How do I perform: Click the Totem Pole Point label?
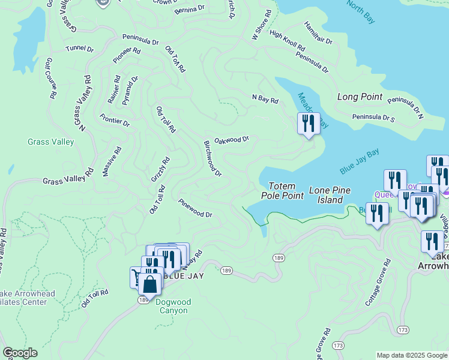(x=282, y=191)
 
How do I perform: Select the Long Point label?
(x=360, y=97)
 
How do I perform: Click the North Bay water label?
(x=360, y=13)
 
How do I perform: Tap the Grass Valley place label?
(x=50, y=142)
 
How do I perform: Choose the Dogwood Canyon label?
(x=173, y=306)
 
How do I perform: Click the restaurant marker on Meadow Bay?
(x=309, y=124)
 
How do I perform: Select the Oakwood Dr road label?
(x=231, y=139)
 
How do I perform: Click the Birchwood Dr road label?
(x=212, y=159)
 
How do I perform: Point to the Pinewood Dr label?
(x=195, y=209)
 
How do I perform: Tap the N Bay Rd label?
(x=265, y=98)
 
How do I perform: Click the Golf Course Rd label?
(x=50, y=78)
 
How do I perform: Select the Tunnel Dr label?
(x=80, y=48)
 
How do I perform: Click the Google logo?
(x=20, y=353)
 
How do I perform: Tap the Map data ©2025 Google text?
(x=411, y=355)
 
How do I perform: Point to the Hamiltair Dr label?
(x=318, y=39)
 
